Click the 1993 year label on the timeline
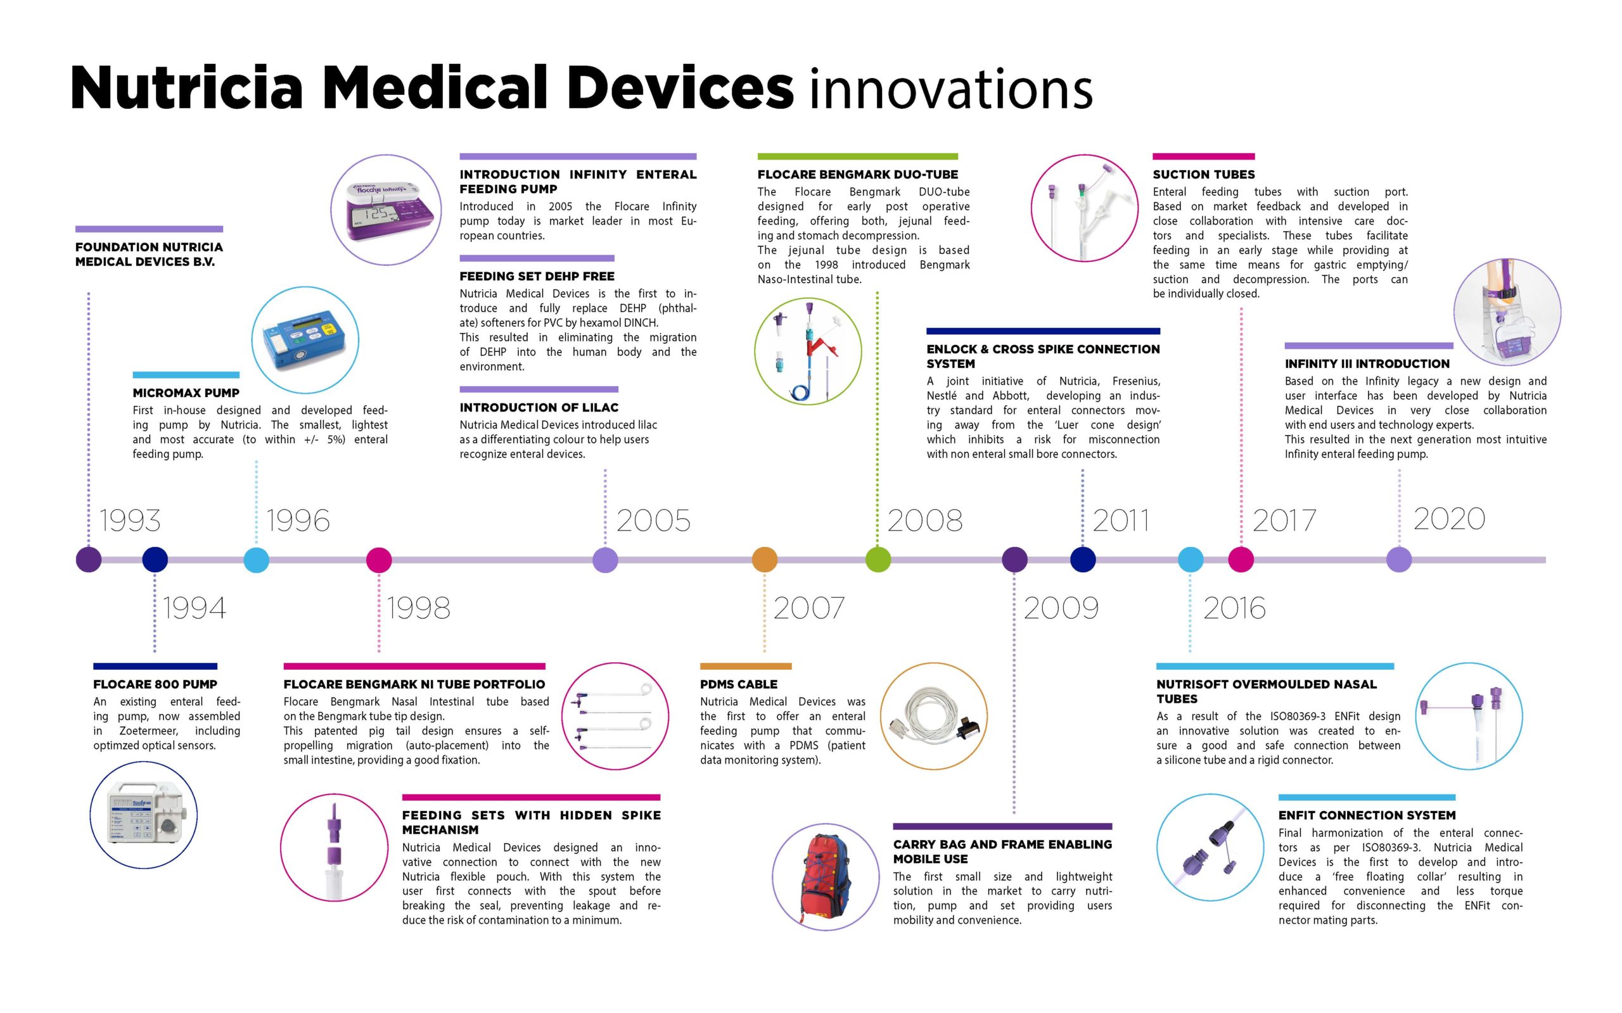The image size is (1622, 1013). pos(130,520)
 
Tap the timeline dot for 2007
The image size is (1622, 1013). pos(764,560)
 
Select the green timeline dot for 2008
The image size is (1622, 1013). pos(878,560)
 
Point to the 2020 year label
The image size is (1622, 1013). pos(1449,519)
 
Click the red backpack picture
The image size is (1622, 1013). pos(825,877)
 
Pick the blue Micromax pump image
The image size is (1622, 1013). pos(305,341)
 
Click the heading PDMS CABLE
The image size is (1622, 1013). pos(739,684)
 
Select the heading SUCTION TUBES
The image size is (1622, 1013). pos(1203,174)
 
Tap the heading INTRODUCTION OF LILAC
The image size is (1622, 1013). pos(539,407)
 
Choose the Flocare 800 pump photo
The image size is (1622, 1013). pos(143,815)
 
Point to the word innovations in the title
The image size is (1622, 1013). pos(950,89)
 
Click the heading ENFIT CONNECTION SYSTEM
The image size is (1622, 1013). pos(1367,815)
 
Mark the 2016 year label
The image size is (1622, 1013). pos(1234,608)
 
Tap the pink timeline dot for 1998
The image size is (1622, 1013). pos(379,560)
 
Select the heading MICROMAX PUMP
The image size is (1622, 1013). pos(186,393)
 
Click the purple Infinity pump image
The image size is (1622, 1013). pos(386,210)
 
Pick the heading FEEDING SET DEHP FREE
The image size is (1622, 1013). pos(537,276)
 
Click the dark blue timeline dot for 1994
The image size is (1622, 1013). pos(155,560)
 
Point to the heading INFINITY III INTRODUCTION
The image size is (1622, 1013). pos(1367,364)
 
